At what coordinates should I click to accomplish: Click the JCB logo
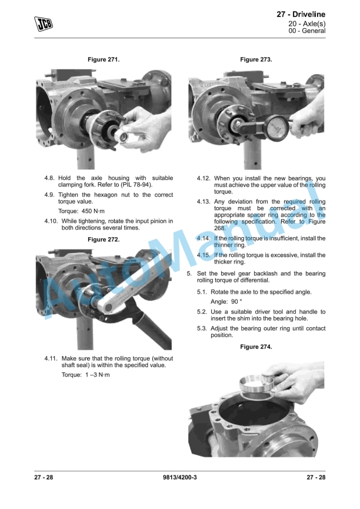pyautogui.click(x=43, y=24)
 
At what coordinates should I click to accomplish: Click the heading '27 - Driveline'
pyautogui.click(x=301, y=14)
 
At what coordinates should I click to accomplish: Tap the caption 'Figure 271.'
pyautogui.click(x=104, y=59)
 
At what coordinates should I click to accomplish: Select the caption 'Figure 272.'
pyautogui.click(x=104, y=239)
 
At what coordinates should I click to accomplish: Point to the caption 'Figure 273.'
pyautogui.click(x=256, y=59)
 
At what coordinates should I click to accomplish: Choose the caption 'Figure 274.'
pyautogui.click(x=256, y=347)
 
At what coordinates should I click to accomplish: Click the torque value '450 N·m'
pyautogui.click(x=93, y=211)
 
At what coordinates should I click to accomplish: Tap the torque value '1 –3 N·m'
pyautogui.click(x=98, y=375)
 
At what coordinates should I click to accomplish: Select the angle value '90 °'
pyautogui.click(x=236, y=301)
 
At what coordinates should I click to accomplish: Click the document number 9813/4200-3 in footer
pyautogui.click(x=180, y=477)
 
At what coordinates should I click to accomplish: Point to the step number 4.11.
pyautogui.click(x=51, y=358)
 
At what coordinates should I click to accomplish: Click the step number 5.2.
pyautogui.click(x=202, y=312)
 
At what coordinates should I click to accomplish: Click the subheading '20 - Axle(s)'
pyautogui.click(x=306, y=24)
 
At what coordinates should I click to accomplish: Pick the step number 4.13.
pyautogui.click(x=203, y=202)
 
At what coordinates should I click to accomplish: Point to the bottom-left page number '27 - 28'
pyautogui.click(x=44, y=477)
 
